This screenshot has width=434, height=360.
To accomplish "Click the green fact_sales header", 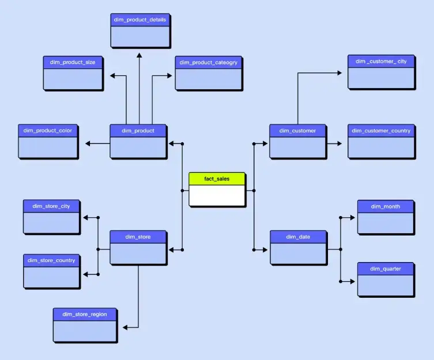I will coord(217,179).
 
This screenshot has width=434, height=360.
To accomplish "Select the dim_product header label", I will coord(138,131).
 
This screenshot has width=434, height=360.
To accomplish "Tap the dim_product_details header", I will coord(140,20).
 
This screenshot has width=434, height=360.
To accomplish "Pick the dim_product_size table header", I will coord(73,62).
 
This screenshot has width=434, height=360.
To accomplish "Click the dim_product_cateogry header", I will coord(208,62).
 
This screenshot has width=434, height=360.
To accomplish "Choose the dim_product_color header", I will coord(48,131).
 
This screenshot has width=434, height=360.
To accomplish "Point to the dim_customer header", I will coord(297,131).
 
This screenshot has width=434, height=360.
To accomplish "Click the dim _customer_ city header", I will coord(381,61).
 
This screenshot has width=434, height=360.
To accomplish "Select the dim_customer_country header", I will coord(381,131).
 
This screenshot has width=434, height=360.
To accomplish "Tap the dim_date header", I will coord(298,237).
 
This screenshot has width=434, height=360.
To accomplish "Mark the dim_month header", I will coord(385,206).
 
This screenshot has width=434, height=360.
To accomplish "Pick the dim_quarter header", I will coord(385,268).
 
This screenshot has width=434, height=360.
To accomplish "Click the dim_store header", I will coord(138,237).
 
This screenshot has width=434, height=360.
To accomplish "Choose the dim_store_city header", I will coord(51,206).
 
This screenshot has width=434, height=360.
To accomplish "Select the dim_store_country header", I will coord(51,260).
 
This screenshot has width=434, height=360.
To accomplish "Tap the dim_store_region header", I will coord(85,314).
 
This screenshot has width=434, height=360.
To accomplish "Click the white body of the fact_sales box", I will coord(217,196).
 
